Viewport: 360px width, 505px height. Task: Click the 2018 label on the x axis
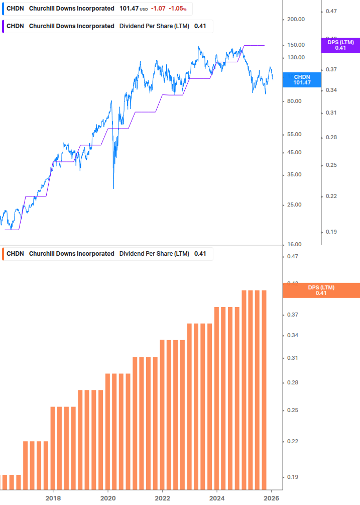(53, 498)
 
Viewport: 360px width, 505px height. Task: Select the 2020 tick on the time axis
(108, 498)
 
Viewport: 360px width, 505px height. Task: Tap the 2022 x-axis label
(162, 498)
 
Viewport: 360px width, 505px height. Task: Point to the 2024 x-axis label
(217, 498)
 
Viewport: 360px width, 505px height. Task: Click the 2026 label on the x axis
(271, 498)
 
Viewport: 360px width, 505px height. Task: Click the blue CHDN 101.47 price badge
(302, 79)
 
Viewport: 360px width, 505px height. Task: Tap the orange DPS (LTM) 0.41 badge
(321, 290)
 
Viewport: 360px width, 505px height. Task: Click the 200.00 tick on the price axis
(295, 20)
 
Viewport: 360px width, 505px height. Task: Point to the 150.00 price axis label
(295, 45)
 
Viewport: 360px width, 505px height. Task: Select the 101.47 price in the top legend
(129, 9)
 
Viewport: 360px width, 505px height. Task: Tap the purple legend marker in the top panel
(4, 26)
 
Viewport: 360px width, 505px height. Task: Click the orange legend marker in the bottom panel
(4, 254)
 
